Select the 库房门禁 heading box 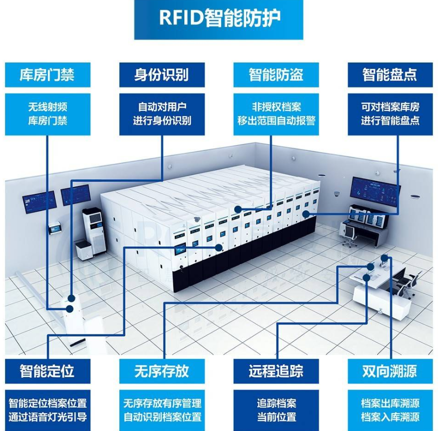click(48, 75)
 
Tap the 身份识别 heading click(162, 75)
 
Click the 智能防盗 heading click(276, 75)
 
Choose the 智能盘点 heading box click(390, 75)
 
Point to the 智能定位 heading click(47, 370)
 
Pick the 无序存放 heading click(162, 370)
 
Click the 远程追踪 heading click(276, 370)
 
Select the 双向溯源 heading click(390, 370)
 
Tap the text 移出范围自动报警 click(276, 120)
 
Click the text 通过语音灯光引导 click(48, 416)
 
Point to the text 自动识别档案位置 click(162, 416)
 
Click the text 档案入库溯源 click(390, 416)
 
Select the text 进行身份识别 click(162, 120)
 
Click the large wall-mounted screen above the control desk click(375, 189)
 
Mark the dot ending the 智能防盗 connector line click(238, 209)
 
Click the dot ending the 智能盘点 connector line click(306, 214)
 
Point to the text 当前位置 click(276, 416)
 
